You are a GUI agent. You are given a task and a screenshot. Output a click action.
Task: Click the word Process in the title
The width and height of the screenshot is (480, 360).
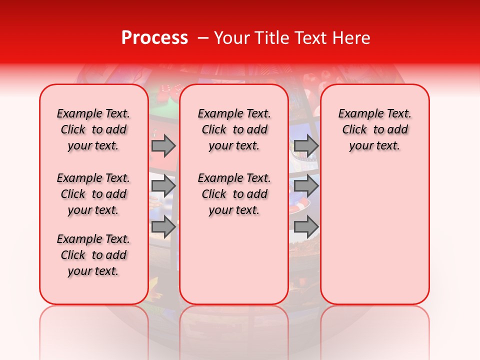(x=154, y=38)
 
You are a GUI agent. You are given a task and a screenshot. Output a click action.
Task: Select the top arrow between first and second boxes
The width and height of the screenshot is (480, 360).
(x=163, y=145)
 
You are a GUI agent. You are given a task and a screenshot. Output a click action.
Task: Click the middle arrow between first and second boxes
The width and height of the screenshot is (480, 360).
(x=163, y=186)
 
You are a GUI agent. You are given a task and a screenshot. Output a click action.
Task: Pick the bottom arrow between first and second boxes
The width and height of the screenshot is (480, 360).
(x=163, y=226)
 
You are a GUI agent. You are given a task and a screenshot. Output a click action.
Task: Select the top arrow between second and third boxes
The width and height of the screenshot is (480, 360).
(x=306, y=145)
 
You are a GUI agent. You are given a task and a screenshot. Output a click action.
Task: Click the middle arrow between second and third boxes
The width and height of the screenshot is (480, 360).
(x=306, y=186)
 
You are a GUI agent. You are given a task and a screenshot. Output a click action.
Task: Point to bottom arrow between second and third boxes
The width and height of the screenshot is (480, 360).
(x=306, y=226)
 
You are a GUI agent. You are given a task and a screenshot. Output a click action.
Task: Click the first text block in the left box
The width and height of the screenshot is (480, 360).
(x=93, y=129)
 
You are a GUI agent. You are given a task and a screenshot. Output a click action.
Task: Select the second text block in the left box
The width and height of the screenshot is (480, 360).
(x=93, y=194)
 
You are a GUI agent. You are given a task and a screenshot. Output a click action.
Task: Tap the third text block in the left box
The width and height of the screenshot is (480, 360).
(x=93, y=255)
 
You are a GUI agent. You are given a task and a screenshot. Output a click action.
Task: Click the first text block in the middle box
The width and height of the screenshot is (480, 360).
(x=234, y=129)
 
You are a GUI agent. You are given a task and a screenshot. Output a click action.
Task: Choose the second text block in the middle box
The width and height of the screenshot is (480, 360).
(x=234, y=194)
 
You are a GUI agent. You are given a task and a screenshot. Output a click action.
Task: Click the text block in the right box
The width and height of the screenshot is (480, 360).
(x=374, y=129)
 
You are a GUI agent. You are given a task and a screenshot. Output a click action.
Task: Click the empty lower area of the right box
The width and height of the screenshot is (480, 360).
(x=374, y=240)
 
